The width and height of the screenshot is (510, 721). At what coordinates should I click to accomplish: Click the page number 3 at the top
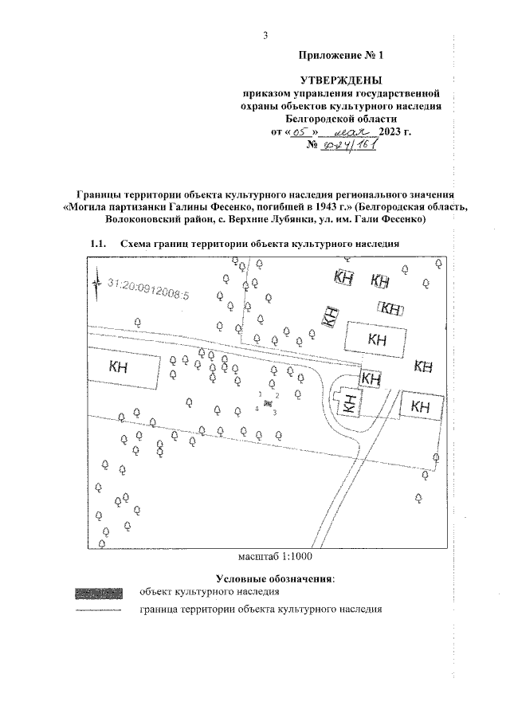[265, 35]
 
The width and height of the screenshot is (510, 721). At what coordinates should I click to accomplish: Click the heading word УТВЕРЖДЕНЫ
[340, 80]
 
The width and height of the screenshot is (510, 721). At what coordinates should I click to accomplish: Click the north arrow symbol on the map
[96, 283]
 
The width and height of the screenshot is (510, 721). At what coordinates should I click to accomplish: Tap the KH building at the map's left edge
[120, 367]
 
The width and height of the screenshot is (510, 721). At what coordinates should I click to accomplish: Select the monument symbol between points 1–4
[268, 403]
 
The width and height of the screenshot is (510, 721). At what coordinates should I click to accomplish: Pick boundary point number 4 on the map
[256, 409]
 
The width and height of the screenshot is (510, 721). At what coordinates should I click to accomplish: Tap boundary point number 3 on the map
[275, 412]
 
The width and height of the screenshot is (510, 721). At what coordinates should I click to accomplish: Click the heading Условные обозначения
[275, 578]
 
